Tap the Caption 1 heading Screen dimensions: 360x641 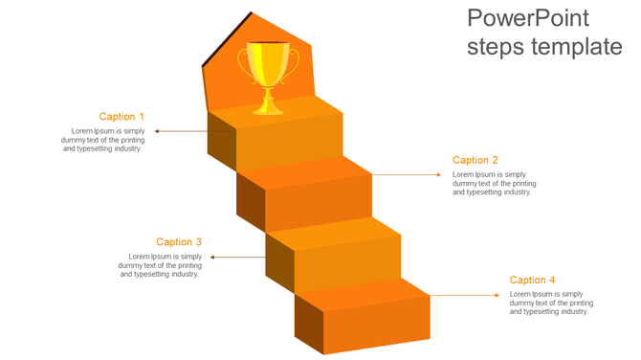pyautogui.click(x=122, y=117)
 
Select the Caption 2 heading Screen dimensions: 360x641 pyautogui.click(x=475, y=161)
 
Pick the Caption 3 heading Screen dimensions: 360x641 pyautogui.click(x=179, y=242)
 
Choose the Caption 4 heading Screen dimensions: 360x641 pyautogui.click(x=532, y=281)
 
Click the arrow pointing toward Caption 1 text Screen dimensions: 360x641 pyautogui.click(x=181, y=131)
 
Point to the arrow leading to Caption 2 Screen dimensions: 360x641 pyautogui.click(x=409, y=174)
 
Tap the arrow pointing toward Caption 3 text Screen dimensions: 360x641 pyautogui.click(x=237, y=257)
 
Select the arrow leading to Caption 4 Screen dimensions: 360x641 pyautogui.click(x=465, y=296)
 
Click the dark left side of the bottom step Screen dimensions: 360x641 pyautogui.click(x=308, y=324)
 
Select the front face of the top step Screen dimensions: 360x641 pyautogui.click(x=288, y=144)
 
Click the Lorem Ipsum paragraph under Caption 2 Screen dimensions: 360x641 pyautogui.click(x=494, y=183)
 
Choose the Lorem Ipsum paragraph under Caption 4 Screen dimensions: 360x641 pyautogui.click(x=550, y=303)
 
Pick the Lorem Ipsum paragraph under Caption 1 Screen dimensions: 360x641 pyautogui.click(x=102, y=140)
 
